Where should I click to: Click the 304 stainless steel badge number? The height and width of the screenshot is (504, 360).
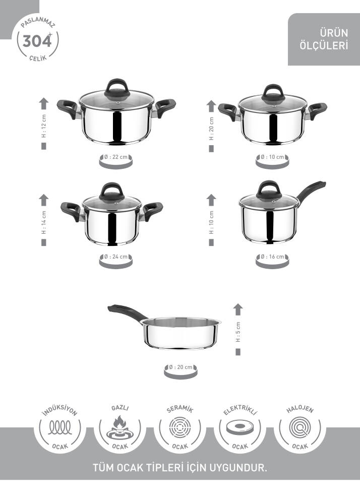37,41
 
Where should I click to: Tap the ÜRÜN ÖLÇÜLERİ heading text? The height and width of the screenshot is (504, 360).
324,39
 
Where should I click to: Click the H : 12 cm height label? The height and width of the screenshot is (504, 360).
44,126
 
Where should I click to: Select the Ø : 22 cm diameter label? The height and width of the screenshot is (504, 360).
116,157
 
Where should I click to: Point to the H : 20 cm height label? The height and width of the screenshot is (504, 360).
211,128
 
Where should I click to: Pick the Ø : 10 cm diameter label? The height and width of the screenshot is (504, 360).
272,157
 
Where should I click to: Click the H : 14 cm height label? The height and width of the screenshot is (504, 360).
44,222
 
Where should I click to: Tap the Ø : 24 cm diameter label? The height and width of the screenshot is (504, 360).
116,257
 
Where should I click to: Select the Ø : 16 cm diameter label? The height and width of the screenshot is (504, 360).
272,257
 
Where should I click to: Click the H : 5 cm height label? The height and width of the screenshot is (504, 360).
238,332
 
